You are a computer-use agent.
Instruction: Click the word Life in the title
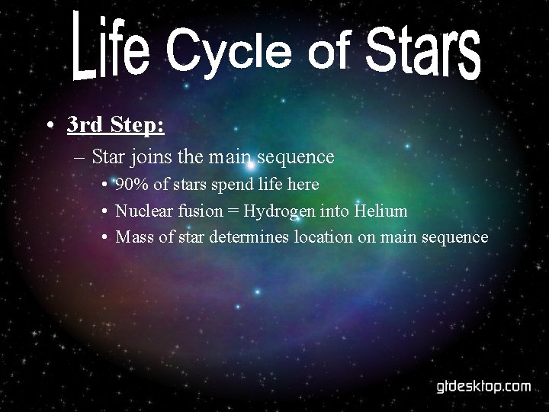click(x=111, y=48)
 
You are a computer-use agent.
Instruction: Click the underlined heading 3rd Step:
click(x=115, y=124)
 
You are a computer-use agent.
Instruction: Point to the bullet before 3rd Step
click(x=50, y=125)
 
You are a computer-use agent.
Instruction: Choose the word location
click(x=323, y=237)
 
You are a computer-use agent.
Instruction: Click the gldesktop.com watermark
click(x=483, y=386)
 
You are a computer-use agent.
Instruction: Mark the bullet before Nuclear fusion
click(x=104, y=211)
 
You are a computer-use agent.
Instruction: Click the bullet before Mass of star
click(x=104, y=237)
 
